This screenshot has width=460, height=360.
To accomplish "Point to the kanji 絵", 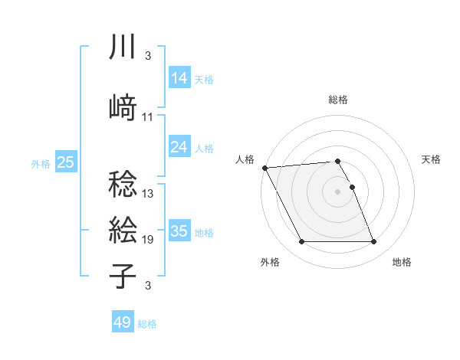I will (x=123, y=229).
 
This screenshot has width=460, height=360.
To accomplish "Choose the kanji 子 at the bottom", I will (x=123, y=275).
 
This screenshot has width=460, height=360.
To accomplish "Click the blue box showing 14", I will (x=179, y=79).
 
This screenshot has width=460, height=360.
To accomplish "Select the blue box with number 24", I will (x=179, y=148).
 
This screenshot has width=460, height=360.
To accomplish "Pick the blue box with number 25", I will (x=66, y=162).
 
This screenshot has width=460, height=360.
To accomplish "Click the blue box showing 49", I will (x=123, y=323).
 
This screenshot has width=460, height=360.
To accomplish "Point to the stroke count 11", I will (x=148, y=117).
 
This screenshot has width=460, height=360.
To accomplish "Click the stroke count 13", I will (x=148, y=194).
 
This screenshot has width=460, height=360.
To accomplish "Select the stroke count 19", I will (x=148, y=240).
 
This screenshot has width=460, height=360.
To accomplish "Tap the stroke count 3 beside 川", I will (x=147, y=56).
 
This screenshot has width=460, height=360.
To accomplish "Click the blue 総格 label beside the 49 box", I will (x=147, y=324).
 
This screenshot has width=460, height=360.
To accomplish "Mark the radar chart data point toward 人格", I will (x=264, y=168).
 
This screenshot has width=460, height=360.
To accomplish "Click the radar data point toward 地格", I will (x=373, y=242).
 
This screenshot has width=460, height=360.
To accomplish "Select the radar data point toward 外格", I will (x=301, y=242).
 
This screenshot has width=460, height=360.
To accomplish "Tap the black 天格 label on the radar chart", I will (x=432, y=159).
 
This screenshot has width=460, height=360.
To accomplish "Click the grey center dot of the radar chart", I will (x=337, y=191).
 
